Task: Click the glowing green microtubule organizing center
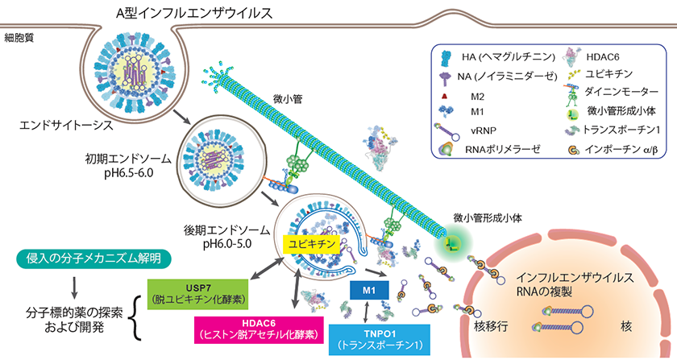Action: coord(455,240)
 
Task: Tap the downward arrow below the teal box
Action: coord(73,285)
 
